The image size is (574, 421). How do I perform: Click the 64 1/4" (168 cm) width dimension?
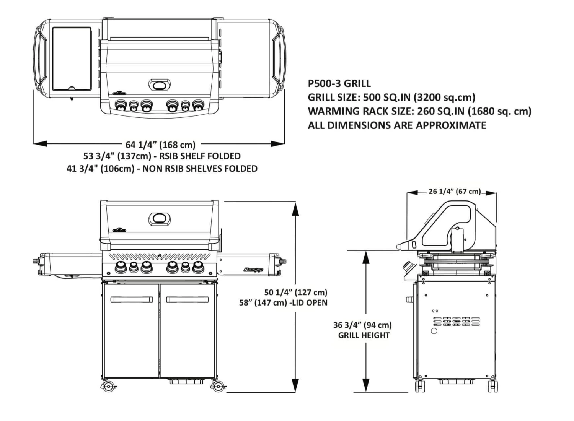coord(160,145)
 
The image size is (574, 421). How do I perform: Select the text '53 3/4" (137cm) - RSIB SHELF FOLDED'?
coord(162,156)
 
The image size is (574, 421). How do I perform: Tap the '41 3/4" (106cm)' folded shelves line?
coord(162,169)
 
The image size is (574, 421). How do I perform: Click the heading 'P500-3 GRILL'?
coord(339,83)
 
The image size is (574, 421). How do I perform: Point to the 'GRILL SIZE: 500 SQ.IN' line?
coord(391,97)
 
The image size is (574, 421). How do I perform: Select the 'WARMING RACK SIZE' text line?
coord(419,111)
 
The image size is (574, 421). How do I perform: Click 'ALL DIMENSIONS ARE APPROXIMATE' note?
coord(397,125)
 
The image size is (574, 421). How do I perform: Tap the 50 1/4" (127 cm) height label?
coord(296,293)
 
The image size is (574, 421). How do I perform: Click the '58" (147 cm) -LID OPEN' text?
coord(283,303)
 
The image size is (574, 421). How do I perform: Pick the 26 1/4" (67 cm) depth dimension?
coord(454,191)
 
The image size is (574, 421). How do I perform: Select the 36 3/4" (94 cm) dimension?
coord(362,325)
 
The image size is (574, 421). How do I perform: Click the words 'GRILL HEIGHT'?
coord(364,335)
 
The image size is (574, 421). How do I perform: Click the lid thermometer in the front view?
coord(160,219)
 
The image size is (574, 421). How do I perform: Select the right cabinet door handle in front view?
coord(188,299)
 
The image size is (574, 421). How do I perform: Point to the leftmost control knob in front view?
coord(120,267)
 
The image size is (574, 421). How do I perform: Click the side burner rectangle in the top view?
coord(72,58)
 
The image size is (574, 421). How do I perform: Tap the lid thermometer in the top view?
coord(160,85)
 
